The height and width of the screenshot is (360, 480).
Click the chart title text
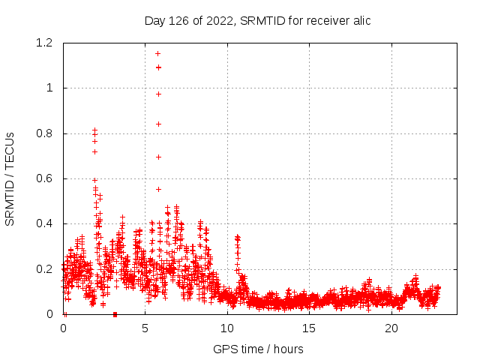coord(257,20)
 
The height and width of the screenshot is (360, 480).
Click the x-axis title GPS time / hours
coord(258,349)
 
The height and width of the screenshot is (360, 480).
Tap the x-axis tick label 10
coord(227,328)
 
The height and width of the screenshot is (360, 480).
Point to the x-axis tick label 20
coord(391,328)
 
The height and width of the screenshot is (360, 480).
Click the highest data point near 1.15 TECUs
coord(157,53)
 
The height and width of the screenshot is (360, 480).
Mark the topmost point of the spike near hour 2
coord(94,130)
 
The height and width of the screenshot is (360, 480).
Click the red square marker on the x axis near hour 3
coord(115,314)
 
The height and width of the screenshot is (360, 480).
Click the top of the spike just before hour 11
coord(237,236)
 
